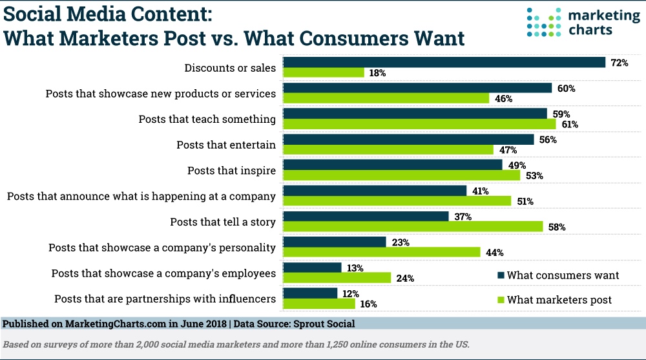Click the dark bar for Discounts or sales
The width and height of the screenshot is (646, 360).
coord(444,62)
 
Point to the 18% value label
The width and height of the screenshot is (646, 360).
coord(377,73)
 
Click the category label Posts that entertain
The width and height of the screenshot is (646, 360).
coord(226,145)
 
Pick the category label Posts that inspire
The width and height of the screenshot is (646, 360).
coord(231,171)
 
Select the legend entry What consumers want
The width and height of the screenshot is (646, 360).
coord(563,275)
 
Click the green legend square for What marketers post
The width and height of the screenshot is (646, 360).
coord(500,299)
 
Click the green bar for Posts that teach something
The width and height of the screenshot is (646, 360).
coord(420,124)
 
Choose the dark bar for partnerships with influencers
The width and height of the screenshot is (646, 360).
coord(311,293)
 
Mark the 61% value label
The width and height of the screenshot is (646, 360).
coord(569,124)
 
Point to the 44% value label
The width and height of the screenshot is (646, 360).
coord(494,252)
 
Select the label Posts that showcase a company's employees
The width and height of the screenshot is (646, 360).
coord(163,273)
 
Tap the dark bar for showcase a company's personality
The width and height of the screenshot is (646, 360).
coord(335,242)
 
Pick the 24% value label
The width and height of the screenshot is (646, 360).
coord(404,278)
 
